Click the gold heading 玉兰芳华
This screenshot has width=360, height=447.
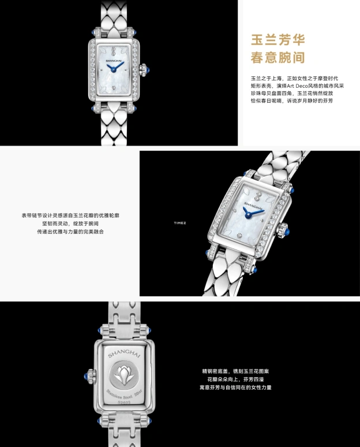[x=277, y=39]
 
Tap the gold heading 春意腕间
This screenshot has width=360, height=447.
[x=277, y=58]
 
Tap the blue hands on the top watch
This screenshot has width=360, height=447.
[x=115, y=69]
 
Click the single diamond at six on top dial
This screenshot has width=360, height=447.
[x=113, y=86]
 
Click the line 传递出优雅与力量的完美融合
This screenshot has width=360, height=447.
[x=70, y=232]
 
